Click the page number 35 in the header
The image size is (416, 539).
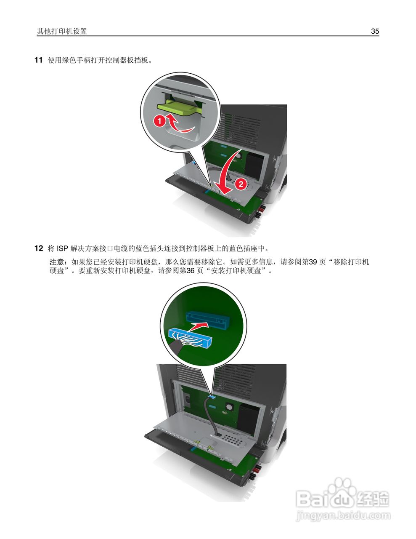pyautogui.click(x=375, y=31)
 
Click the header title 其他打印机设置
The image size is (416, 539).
pyautogui.click(x=62, y=31)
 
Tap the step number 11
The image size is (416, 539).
pyautogui.click(x=38, y=60)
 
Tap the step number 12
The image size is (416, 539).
pyautogui.click(x=38, y=248)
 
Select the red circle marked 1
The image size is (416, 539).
pyautogui.click(x=159, y=121)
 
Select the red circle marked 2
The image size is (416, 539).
pyautogui.click(x=241, y=184)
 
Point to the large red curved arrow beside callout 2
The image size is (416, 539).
pyautogui.click(x=225, y=173)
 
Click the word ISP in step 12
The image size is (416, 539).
pyautogui.click(x=62, y=248)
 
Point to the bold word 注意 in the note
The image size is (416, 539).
pyautogui.click(x=57, y=262)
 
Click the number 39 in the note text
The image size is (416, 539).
pyautogui.click(x=313, y=262)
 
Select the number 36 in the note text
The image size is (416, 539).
pyautogui.click(x=191, y=271)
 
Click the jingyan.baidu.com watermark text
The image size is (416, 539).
pyautogui.click(x=343, y=515)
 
